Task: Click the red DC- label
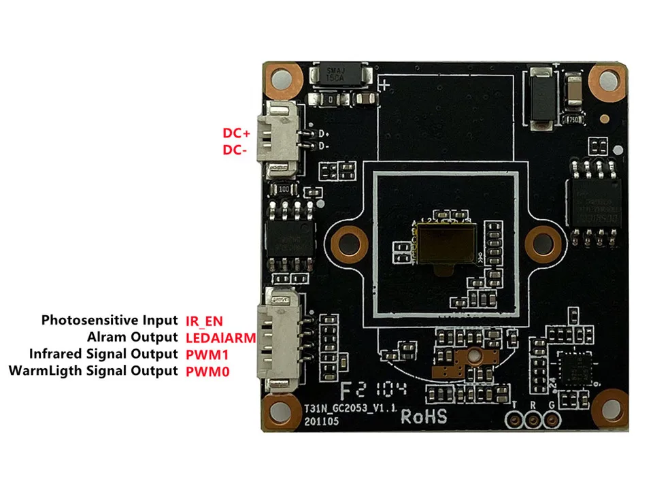[235, 150]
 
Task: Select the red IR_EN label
[204, 320]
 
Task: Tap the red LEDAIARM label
[220, 337]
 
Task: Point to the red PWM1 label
[207, 354]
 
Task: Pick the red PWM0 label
[207, 372]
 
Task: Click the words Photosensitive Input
[110, 320]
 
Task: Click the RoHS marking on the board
[424, 416]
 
